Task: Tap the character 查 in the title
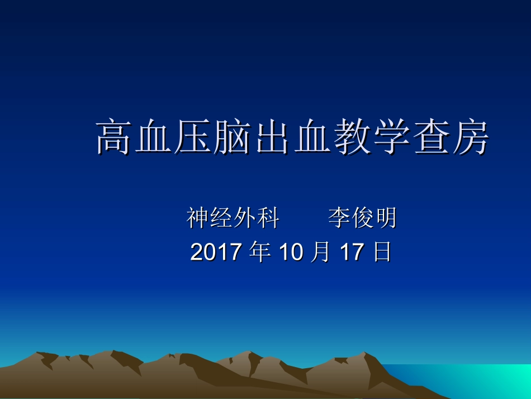tap(431, 138)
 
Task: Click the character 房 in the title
tap(471, 138)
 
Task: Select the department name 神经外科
tap(233, 218)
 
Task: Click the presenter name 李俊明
tap(362, 218)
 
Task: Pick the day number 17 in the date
tap(352, 252)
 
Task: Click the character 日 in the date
tap(382, 252)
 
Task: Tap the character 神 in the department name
tap(198, 218)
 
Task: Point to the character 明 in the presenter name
tap(386, 218)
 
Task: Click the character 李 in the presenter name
tap(339, 218)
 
